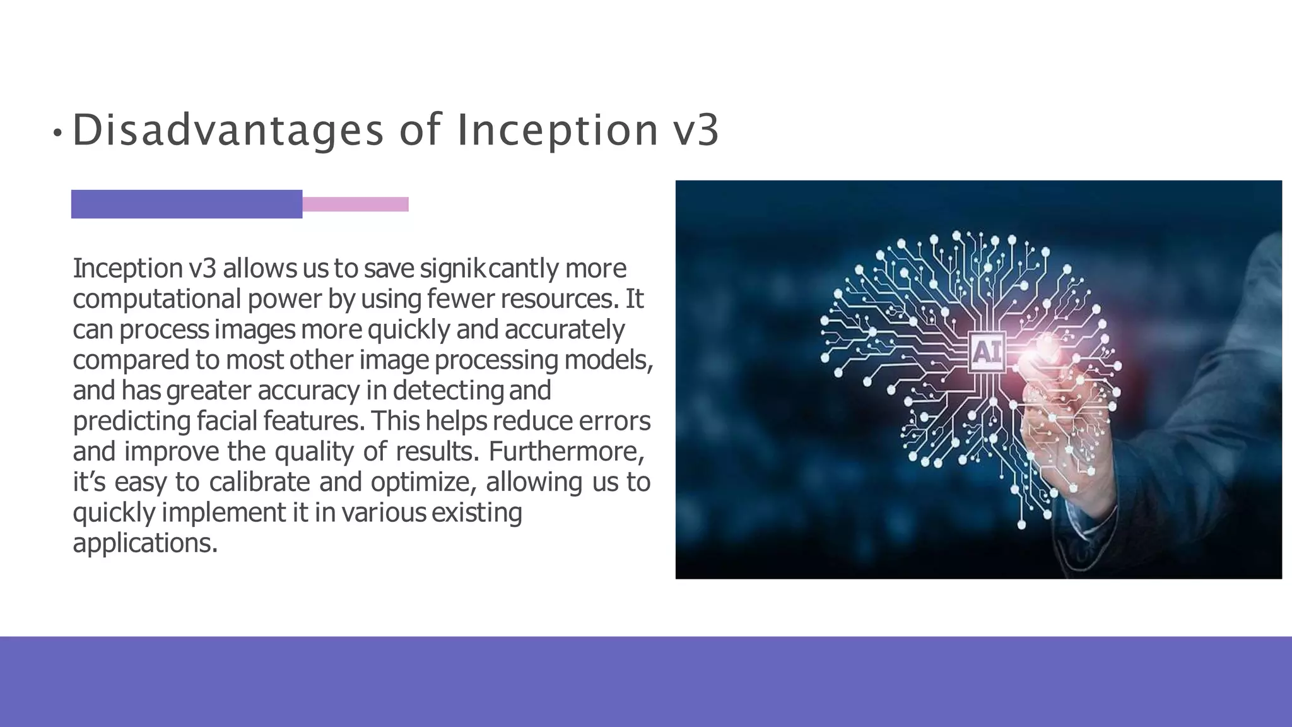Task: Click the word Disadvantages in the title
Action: click(x=228, y=130)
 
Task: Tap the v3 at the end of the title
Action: click(x=696, y=130)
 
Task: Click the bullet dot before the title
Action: click(x=57, y=133)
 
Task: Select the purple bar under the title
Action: click(x=187, y=204)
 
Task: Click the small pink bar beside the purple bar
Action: click(x=355, y=204)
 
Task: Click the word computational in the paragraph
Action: click(x=156, y=299)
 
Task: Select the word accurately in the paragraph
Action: click(x=565, y=329)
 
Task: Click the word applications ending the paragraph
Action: click(x=144, y=543)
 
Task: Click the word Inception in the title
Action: click(x=557, y=130)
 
